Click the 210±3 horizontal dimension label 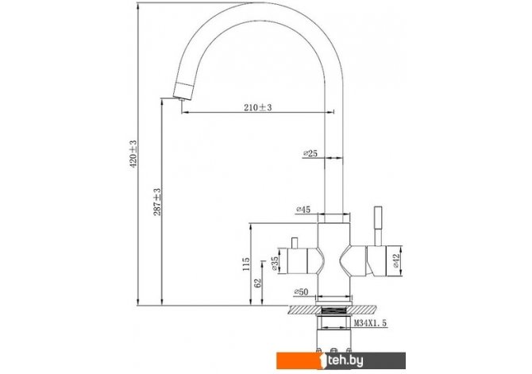point(258,107)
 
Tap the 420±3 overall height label point(133,154)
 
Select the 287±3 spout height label point(157,202)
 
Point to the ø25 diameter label point(310,153)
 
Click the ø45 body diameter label point(303,210)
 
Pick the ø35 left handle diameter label point(275,264)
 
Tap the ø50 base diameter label point(301,292)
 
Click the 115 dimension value point(246,264)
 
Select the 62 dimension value point(258,283)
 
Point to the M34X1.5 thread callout point(370,323)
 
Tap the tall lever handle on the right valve point(378,226)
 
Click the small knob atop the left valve point(295,243)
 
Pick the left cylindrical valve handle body point(298,260)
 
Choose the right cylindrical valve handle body point(376,260)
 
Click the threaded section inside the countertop point(333,310)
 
